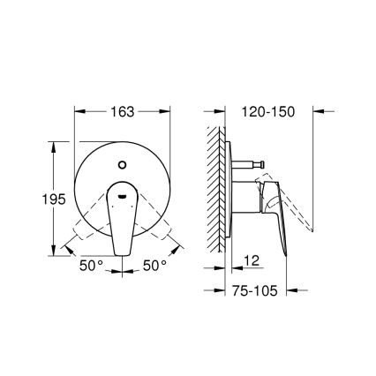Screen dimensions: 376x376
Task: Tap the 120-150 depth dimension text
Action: tap(264, 112)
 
